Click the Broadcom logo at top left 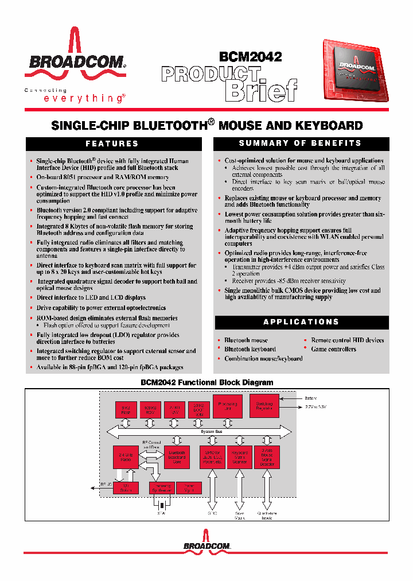click(75, 60)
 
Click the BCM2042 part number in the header click(250, 57)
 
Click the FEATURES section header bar click(112, 144)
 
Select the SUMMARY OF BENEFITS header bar click(301, 143)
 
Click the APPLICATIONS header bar click(301, 322)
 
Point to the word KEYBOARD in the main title click(330, 125)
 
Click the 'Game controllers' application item click(333, 349)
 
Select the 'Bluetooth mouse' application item click(246, 340)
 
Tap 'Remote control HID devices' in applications click(347, 340)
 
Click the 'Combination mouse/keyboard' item click(263, 358)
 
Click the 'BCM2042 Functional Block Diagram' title click(207, 382)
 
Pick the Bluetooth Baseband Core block click(177, 457)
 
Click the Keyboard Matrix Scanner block click(239, 457)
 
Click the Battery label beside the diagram click(310, 397)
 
